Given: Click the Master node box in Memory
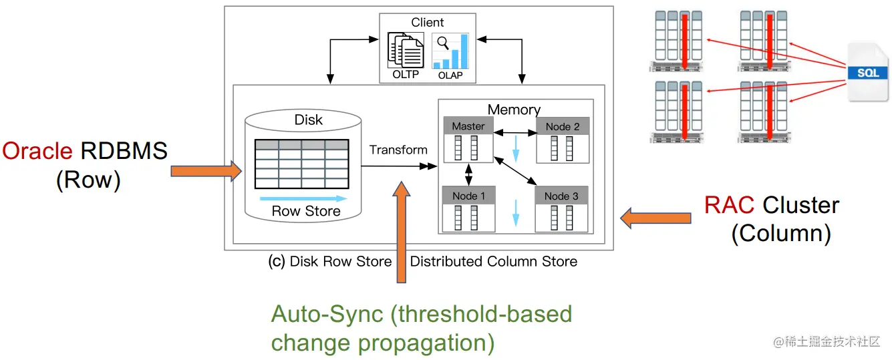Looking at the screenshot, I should pos(468,140).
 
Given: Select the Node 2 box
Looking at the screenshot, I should pos(562,140).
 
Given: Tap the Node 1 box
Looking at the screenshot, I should pos(468,209).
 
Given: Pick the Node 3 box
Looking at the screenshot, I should pos(561,209).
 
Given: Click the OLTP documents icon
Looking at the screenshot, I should pos(406,51).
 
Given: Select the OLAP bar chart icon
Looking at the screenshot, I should pos(450,51).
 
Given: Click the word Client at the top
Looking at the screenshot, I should pos(427,22).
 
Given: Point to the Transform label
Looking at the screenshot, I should pos(398,150).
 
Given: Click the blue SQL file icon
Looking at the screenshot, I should pos(868,73).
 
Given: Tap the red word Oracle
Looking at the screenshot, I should pos(37,151).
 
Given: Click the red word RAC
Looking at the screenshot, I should pos(730,205).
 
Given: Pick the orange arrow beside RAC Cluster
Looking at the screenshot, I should pos(655,217).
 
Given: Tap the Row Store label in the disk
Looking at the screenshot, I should pos(306,211).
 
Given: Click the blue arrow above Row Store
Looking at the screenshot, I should pos(303,198).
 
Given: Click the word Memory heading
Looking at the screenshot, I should pos(514,110).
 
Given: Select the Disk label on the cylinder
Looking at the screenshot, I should pos(308,120).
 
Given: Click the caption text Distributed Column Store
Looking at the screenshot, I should pos(494,262).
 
